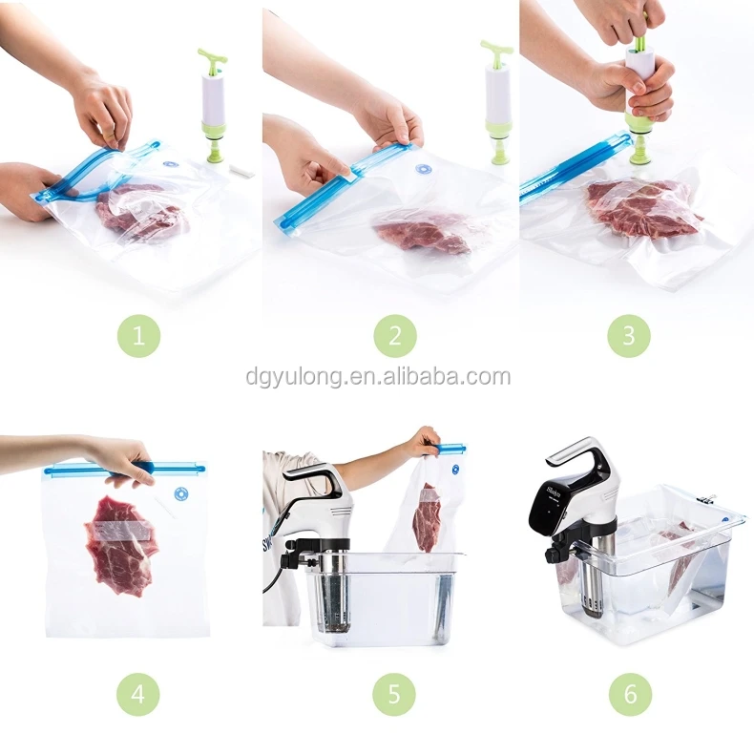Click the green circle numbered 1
click(138, 336)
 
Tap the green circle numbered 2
click(395, 336)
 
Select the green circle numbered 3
click(629, 336)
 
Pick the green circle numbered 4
click(137, 695)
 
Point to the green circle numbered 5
click(394, 695)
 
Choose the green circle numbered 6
click(631, 695)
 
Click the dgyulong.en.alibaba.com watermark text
click(378, 376)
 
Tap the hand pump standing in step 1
click(213, 105)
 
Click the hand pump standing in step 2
click(496, 102)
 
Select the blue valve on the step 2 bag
click(423, 170)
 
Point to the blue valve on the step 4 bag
click(180, 492)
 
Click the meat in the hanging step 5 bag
click(425, 517)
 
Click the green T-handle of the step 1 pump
click(212, 61)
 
